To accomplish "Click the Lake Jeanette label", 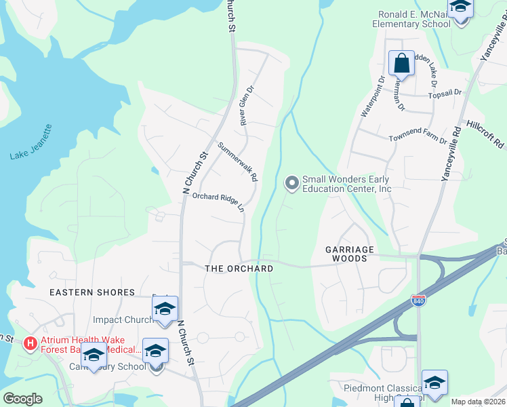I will point(31,142).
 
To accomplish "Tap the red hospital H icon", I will point(30,344).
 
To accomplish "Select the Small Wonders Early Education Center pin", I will point(292,183).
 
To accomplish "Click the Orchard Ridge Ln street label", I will point(218,201).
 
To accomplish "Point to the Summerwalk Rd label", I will point(238,161).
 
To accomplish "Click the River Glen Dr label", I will point(246,104).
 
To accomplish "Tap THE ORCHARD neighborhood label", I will point(239,269).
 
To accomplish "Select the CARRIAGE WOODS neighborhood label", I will point(350,254).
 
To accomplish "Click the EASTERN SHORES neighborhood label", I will point(92,292).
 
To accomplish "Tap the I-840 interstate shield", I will point(418,300).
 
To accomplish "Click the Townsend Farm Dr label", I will point(418,139).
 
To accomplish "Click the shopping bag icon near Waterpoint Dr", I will point(401,64).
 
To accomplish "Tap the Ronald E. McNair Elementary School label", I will point(411,19).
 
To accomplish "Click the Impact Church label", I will point(123,319).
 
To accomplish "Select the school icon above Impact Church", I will point(165,309).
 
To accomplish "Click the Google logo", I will point(22,399).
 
